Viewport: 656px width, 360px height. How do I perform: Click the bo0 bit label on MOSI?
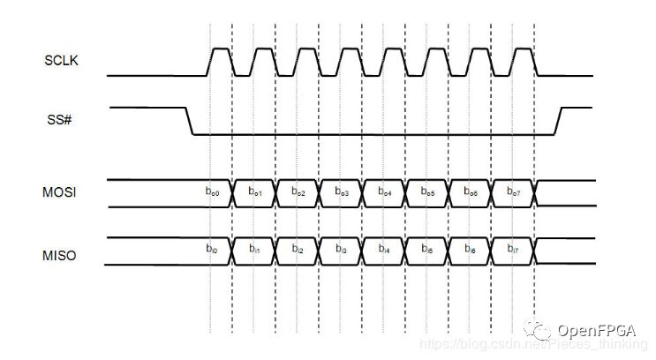(x=212, y=191)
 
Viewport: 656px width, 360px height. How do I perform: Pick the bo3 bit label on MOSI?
(x=341, y=191)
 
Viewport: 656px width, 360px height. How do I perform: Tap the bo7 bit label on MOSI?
(x=515, y=191)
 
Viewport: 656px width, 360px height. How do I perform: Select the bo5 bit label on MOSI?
(x=428, y=191)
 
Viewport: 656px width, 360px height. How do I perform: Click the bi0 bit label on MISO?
(x=212, y=251)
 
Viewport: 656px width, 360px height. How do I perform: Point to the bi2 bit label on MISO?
(x=298, y=251)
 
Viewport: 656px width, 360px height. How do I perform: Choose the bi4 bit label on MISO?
(x=385, y=251)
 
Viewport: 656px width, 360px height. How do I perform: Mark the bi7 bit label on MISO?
(x=515, y=251)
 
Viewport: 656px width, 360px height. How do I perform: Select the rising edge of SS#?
(x=557, y=122)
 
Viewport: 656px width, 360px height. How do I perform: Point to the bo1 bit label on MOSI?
(x=254, y=191)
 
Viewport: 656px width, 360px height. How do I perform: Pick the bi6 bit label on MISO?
(x=471, y=251)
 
